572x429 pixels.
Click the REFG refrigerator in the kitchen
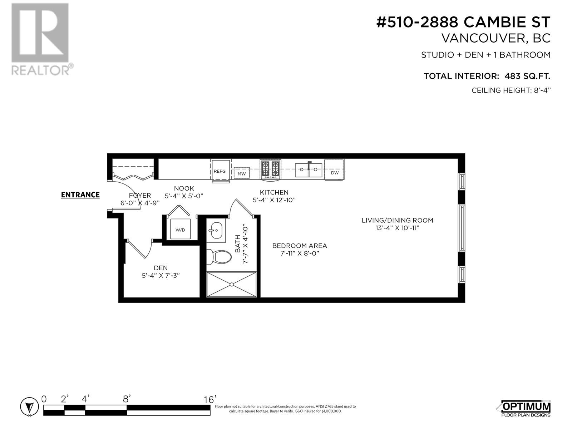coord(221,171)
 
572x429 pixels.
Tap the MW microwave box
coord(242,173)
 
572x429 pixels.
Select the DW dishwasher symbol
coord(334,169)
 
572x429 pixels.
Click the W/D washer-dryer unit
coord(180,229)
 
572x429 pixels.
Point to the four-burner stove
coord(271,169)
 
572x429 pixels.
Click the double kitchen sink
coord(309,170)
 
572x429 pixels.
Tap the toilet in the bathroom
coord(219,257)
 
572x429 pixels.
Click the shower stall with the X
coord(231,285)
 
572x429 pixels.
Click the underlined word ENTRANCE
coord(80,195)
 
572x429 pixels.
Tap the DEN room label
coord(161,268)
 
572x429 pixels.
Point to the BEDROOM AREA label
coord(300,246)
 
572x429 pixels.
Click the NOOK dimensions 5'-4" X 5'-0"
coord(184,196)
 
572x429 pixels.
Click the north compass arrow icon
coord(30,407)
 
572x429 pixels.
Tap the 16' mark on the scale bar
coord(210,399)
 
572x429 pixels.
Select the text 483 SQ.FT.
coord(527,76)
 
